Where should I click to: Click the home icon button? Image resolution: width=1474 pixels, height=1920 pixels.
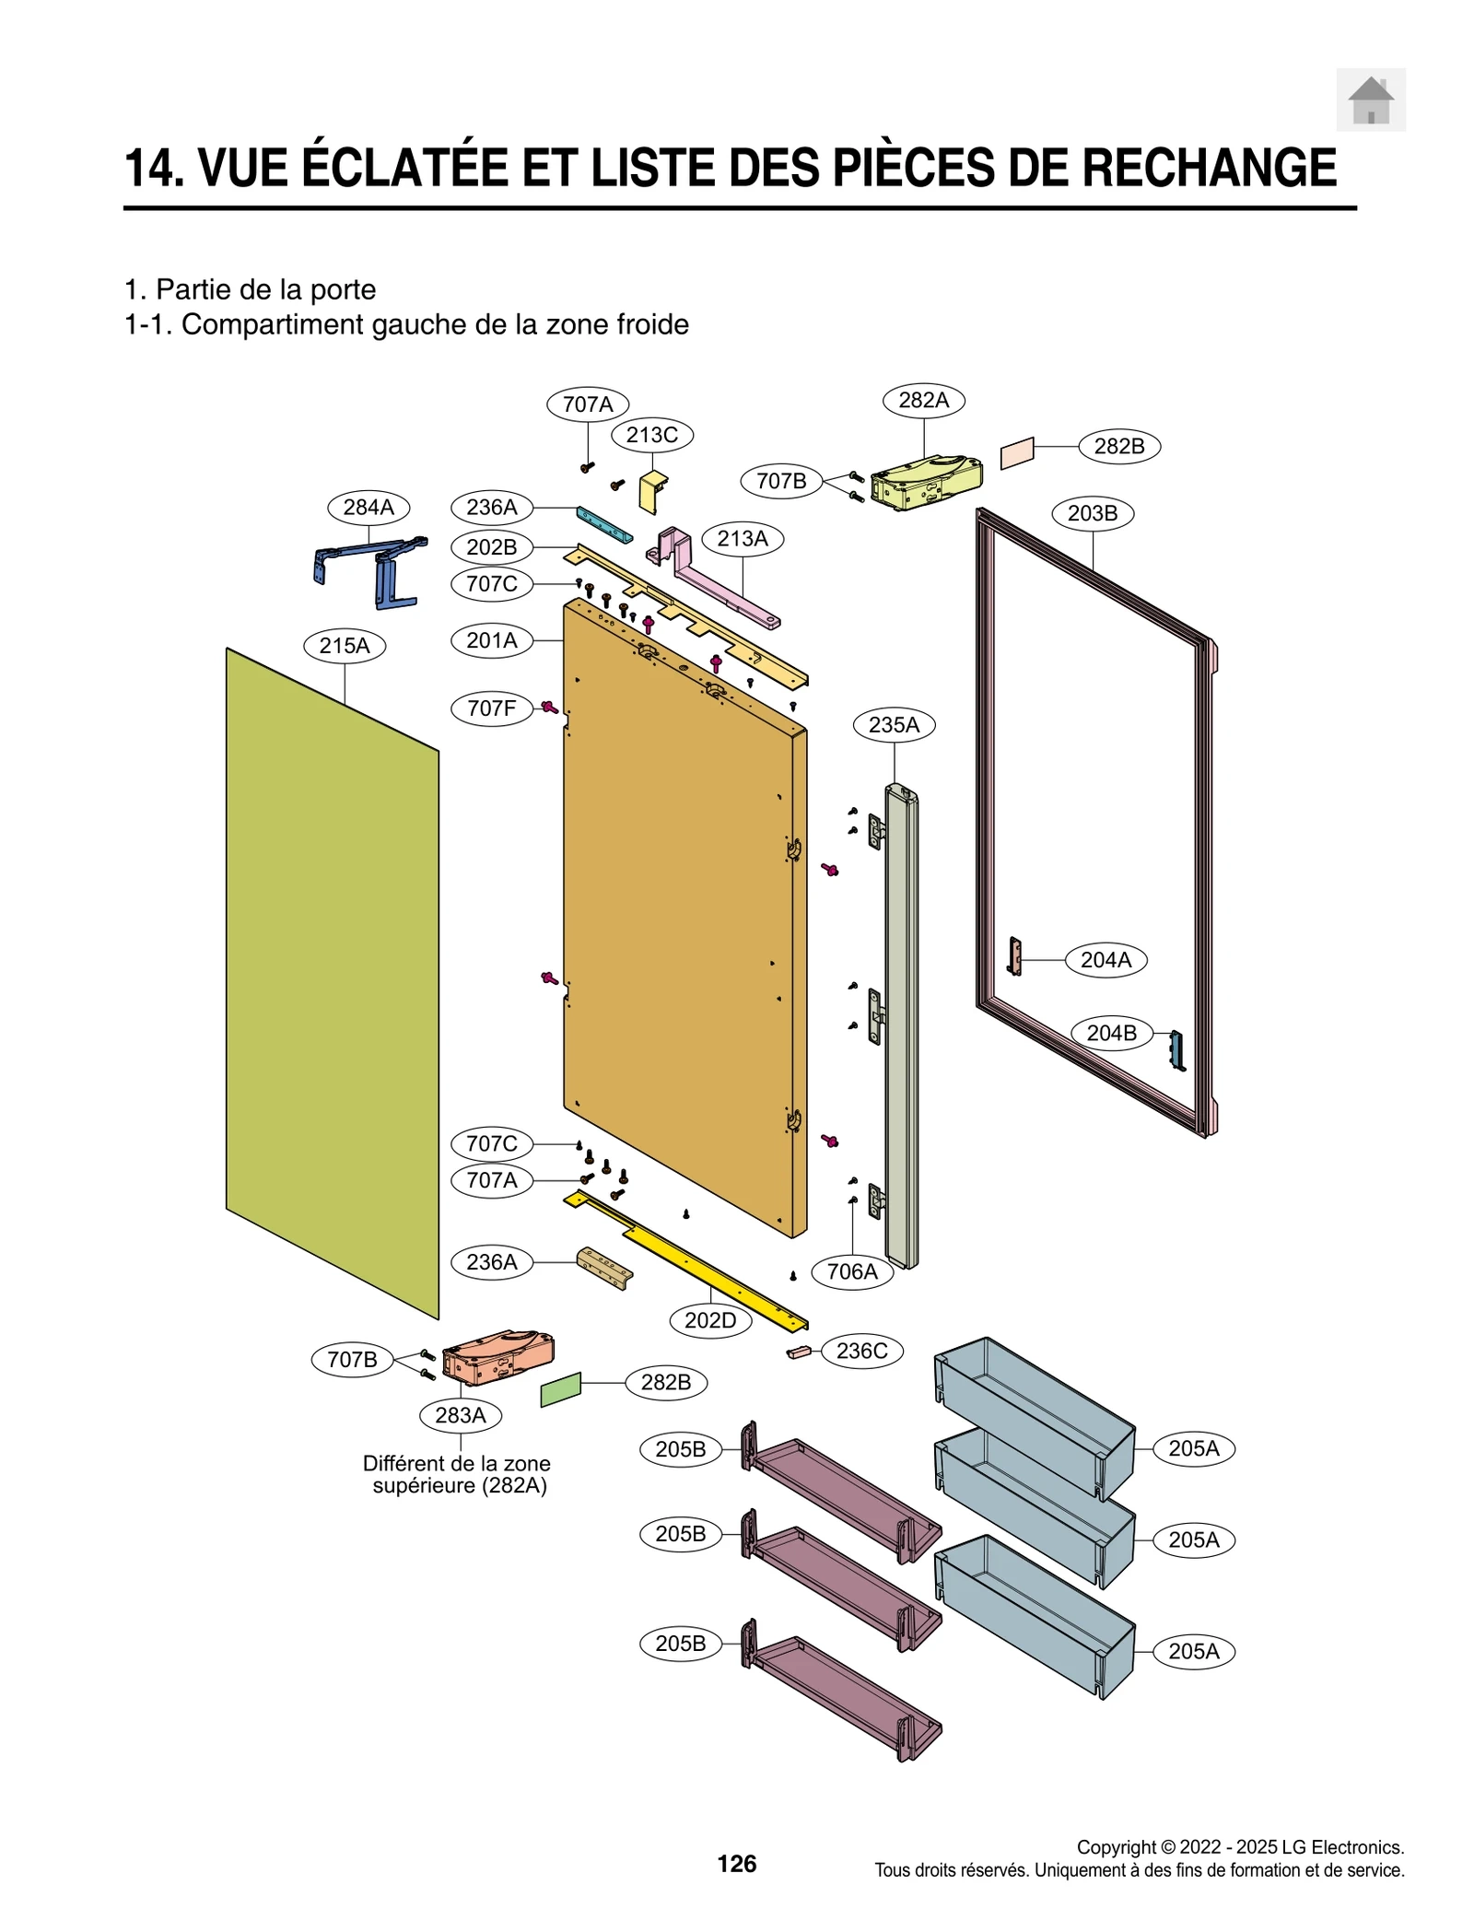pyautogui.click(x=1370, y=100)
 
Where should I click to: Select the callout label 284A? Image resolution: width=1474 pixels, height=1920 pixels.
pyautogui.click(x=368, y=507)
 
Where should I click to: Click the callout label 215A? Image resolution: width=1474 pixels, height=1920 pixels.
pyautogui.click(x=345, y=645)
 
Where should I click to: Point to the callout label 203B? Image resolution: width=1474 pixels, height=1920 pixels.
pyautogui.click(x=1092, y=513)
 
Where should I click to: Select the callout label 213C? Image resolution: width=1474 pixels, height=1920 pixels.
pyautogui.click(x=651, y=435)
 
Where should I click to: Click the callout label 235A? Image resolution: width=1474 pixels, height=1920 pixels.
pyautogui.click(x=894, y=724)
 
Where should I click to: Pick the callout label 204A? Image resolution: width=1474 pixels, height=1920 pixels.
pyautogui.click(x=1105, y=959)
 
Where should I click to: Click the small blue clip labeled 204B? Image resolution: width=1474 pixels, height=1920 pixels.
pyautogui.click(x=1176, y=1049)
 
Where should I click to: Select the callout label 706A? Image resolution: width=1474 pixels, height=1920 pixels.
pyautogui.click(x=852, y=1271)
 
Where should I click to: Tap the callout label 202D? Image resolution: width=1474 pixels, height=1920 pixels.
pyautogui.click(x=710, y=1320)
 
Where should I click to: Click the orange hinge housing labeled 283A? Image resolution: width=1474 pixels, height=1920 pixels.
pyautogui.click(x=498, y=1357)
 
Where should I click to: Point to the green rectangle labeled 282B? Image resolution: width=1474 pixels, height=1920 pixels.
pyautogui.click(x=561, y=1389)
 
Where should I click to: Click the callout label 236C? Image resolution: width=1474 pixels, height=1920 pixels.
pyautogui.click(x=861, y=1351)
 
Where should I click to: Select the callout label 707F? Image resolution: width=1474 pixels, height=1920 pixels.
pyautogui.click(x=491, y=708)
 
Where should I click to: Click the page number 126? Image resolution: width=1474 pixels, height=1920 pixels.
pyautogui.click(x=736, y=1864)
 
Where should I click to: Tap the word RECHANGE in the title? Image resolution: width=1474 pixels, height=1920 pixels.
pyautogui.click(x=1208, y=168)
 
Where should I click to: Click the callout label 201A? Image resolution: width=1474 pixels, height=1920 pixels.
pyautogui.click(x=491, y=639)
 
